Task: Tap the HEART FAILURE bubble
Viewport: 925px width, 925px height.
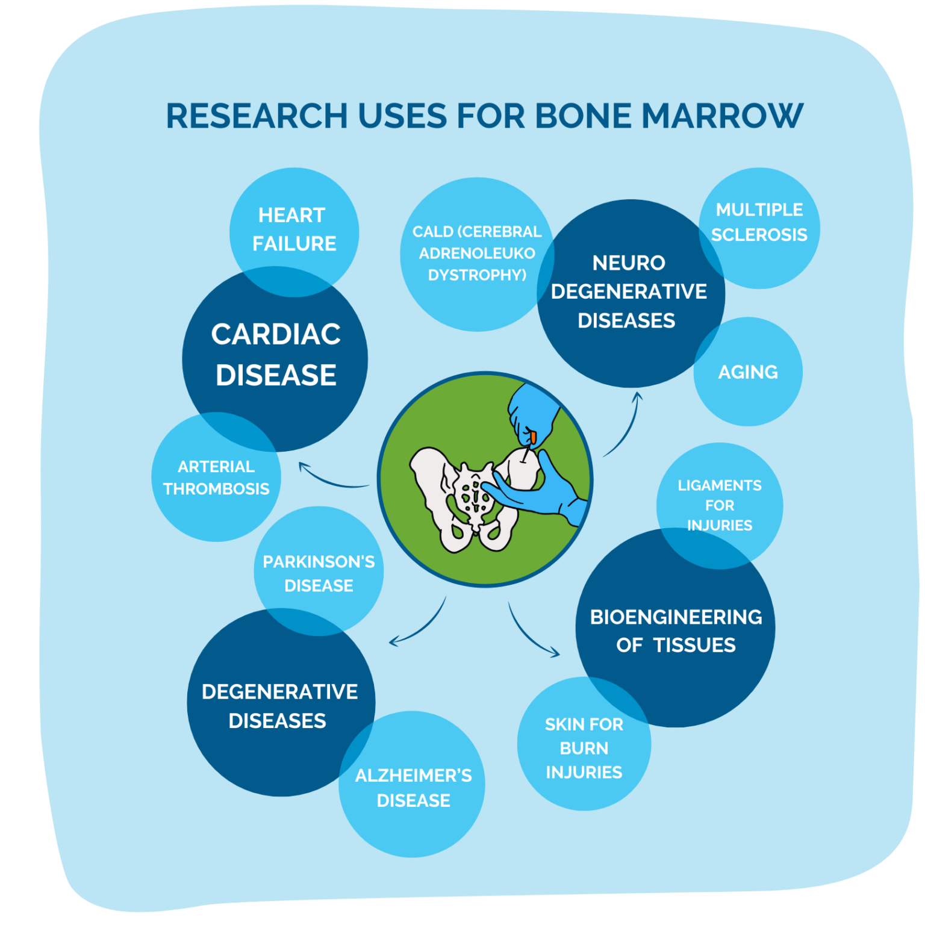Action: coord(294,229)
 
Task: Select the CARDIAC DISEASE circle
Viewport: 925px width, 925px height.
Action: coord(275,355)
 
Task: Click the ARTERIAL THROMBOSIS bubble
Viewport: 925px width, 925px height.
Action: coord(216,478)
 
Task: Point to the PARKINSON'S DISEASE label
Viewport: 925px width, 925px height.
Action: coord(319,573)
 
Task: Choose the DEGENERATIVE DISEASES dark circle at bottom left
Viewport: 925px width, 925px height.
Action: coord(279,706)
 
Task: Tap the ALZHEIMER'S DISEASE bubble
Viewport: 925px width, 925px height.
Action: coord(413,788)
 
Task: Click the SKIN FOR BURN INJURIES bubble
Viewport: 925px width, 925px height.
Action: coord(584,748)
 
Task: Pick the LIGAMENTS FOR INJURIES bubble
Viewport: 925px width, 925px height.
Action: coord(720,505)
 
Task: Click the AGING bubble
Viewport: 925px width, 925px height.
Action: coord(748,372)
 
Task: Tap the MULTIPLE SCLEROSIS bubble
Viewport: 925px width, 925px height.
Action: coord(759,222)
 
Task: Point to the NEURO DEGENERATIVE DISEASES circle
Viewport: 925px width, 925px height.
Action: coord(629,292)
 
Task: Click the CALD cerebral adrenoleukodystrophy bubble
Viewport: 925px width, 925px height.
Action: coord(476,253)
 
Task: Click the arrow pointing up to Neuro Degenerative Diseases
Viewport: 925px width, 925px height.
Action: coord(624,425)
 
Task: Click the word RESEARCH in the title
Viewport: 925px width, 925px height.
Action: coord(257,116)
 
